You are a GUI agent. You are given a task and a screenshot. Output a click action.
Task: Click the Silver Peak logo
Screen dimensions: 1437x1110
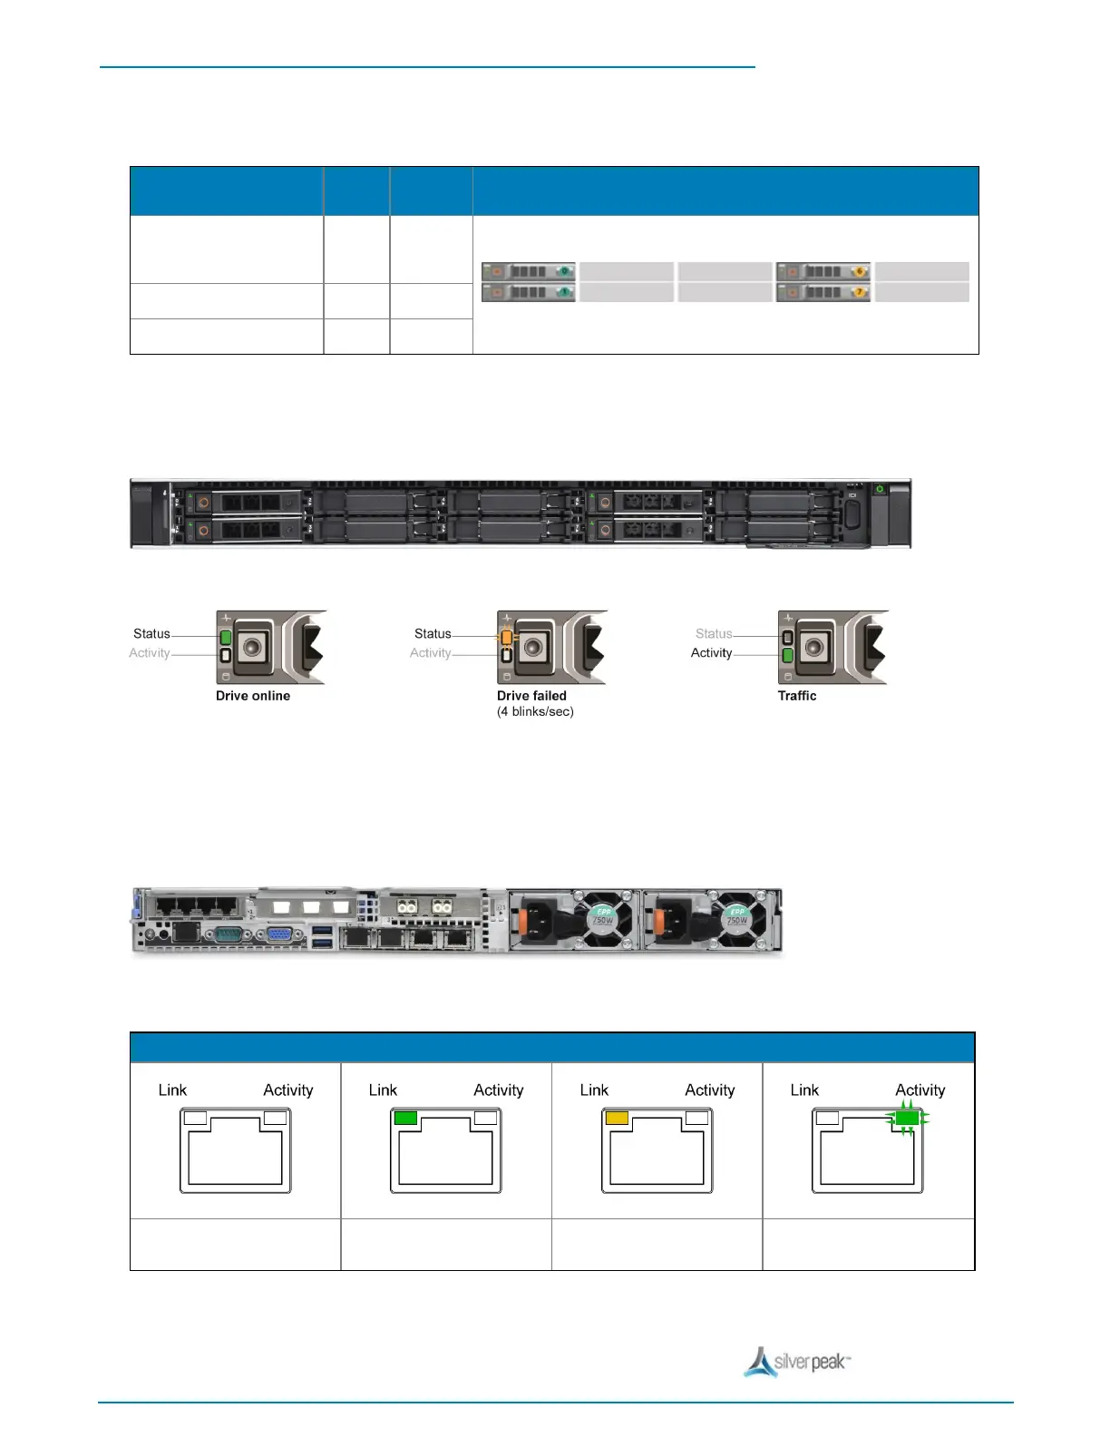click(x=797, y=1362)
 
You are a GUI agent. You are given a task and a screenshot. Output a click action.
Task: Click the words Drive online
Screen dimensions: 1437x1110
click(x=253, y=696)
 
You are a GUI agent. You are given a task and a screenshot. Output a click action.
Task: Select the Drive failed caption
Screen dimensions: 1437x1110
click(x=531, y=696)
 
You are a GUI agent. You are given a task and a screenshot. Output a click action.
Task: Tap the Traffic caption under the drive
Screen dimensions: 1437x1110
click(x=797, y=696)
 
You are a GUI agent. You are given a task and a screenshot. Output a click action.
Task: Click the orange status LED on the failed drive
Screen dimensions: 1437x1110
click(x=506, y=637)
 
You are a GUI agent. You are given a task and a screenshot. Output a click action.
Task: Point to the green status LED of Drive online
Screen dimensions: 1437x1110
click(x=226, y=637)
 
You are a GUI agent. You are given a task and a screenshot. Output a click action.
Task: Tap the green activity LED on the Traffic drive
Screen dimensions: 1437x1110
click(x=787, y=655)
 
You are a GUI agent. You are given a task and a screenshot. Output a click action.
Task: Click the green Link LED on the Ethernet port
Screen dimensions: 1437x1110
click(x=405, y=1118)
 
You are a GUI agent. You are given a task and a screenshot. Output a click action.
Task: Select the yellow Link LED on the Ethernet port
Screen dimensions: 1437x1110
click(x=617, y=1118)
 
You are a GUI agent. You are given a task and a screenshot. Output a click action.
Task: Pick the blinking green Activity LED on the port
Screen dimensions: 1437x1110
click(x=907, y=1119)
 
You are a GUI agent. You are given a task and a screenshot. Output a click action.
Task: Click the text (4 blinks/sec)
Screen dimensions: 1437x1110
click(x=535, y=712)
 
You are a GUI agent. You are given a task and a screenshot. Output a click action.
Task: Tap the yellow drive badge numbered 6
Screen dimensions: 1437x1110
click(x=860, y=271)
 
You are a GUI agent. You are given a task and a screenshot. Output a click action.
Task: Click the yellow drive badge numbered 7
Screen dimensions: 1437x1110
click(x=860, y=292)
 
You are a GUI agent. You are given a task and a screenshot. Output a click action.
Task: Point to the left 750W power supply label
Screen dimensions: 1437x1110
click(x=603, y=917)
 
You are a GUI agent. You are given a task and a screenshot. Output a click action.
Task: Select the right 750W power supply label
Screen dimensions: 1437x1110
click(x=737, y=917)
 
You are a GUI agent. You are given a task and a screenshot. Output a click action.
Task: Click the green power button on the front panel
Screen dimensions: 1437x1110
click(x=880, y=490)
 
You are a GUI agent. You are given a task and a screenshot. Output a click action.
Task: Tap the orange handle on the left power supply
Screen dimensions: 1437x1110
click(x=522, y=922)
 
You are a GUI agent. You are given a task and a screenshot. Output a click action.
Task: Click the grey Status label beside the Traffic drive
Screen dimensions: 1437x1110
click(x=714, y=634)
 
